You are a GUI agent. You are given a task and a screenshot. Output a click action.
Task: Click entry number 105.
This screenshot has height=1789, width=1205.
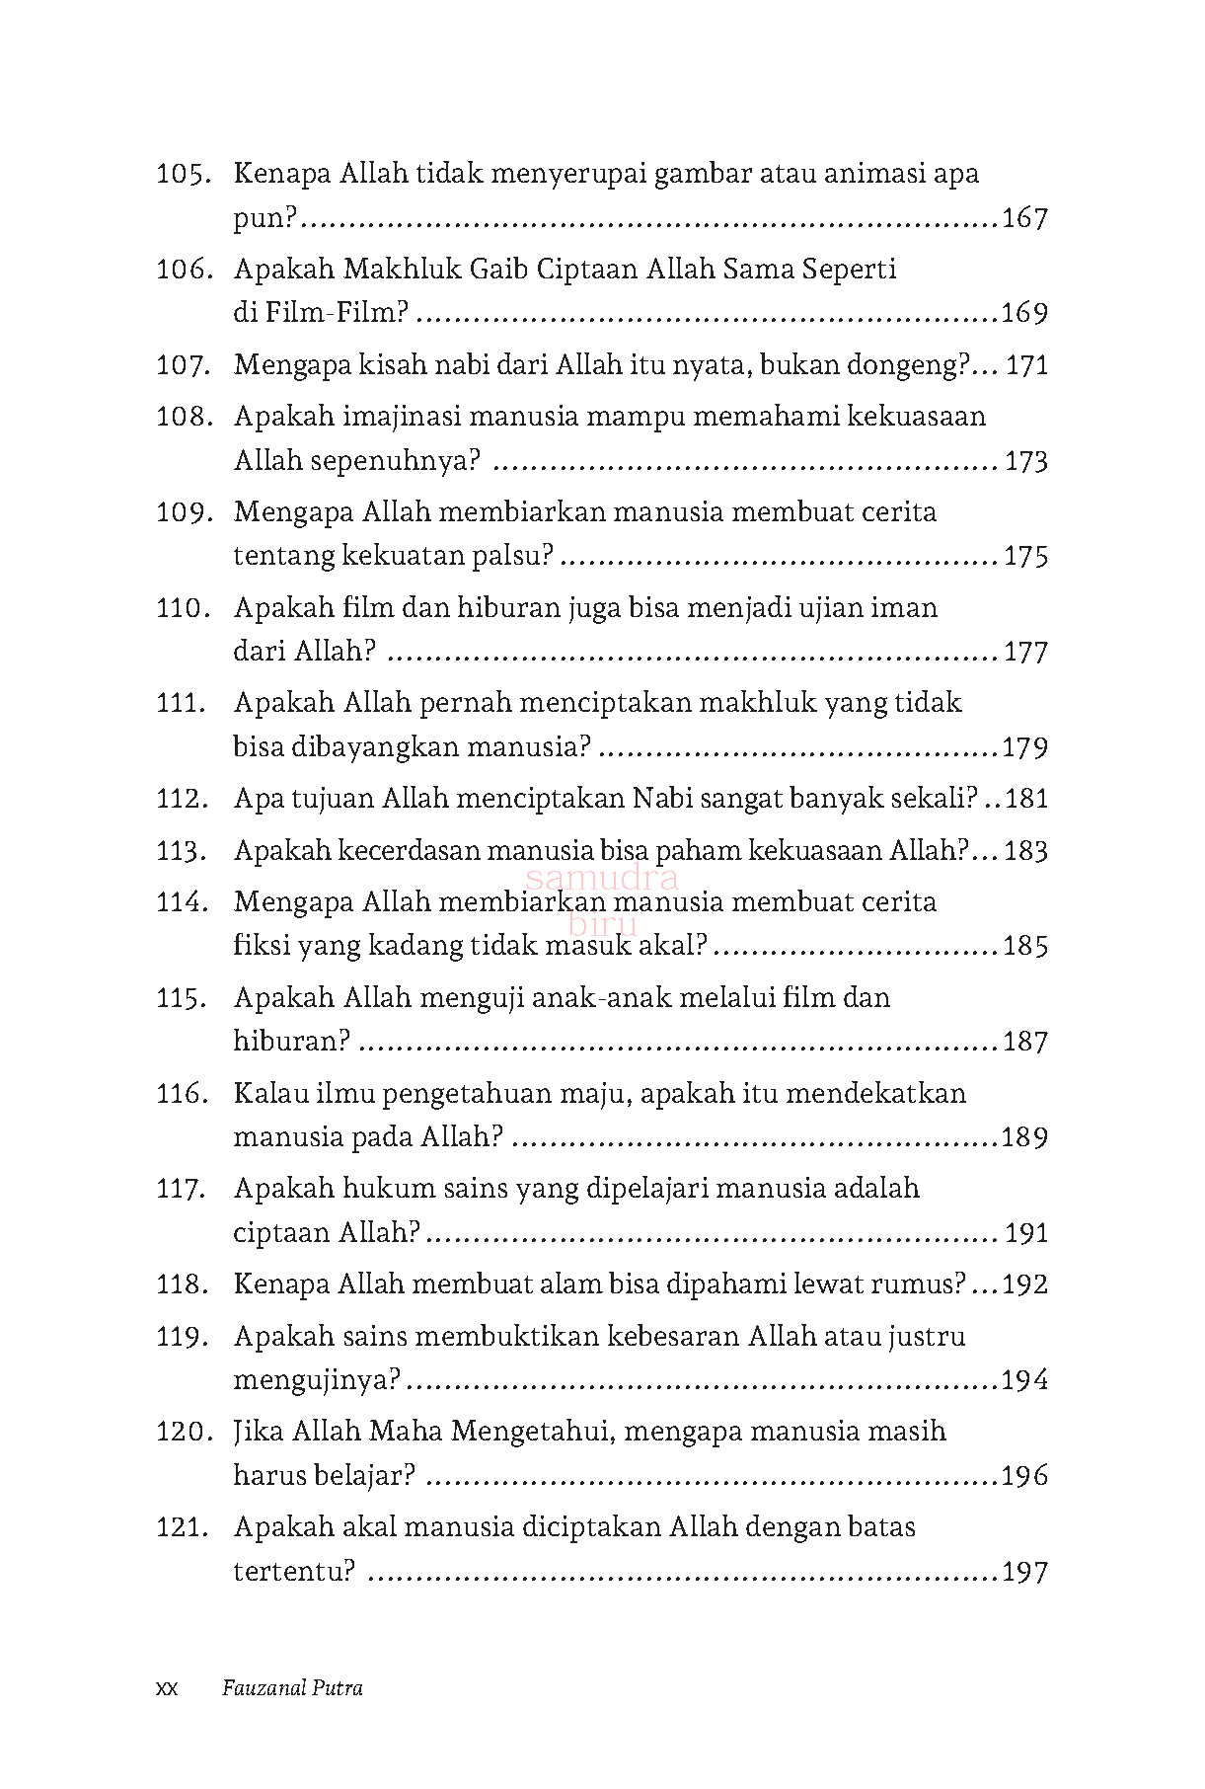pyautogui.click(x=183, y=175)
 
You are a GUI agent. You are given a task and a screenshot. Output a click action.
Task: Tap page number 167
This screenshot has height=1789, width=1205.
pyautogui.click(x=1024, y=218)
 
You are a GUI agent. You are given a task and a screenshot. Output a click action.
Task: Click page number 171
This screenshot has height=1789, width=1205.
pyautogui.click(x=1026, y=366)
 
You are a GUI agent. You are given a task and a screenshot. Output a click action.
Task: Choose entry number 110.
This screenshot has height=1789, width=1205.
pyautogui.click(x=183, y=608)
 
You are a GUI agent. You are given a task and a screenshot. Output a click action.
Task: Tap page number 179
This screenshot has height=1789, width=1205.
pyautogui.click(x=1024, y=748)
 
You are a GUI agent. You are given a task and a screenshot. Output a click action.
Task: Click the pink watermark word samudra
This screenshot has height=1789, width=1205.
pyautogui.click(x=602, y=877)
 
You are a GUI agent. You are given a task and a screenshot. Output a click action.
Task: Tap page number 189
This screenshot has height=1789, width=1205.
pyautogui.click(x=1024, y=1137)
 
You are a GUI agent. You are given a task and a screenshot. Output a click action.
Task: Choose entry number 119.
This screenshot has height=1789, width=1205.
pyautogui.click(x=183, y=1337)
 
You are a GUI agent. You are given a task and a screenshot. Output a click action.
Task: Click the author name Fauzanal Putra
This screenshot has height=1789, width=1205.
pyautogui.click(x=292, y=1688)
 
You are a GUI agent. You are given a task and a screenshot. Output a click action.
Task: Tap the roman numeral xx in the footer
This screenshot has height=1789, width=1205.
pyautogui.click(x=167, y=1689)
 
